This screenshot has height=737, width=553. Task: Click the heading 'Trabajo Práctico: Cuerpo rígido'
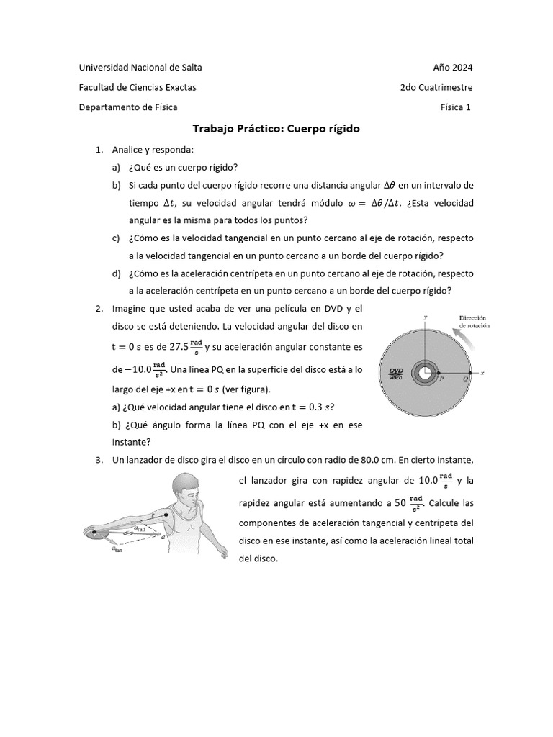pyautogui.click(x=276, y=129)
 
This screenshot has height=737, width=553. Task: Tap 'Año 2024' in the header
pyautogui.click(x=452, y=68)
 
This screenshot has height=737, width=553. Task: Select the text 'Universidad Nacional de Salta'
pyautogui.click(x=140, y=68)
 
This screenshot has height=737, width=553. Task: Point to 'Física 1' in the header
pyautogui.click(x=456, y=107)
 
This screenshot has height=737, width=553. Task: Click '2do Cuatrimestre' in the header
pyautogui.click(x=436, y=87)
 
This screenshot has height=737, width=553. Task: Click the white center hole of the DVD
pyautogui.click(x=425, y=373)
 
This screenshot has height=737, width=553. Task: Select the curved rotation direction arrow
pyautogui.click(x=468, y=342)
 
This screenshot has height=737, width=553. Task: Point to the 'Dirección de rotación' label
pyautogui.click(x=473, y=321)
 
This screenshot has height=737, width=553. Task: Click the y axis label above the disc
pyautogui.click(x=426, y=317)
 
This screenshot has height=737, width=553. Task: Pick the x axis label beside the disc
pyautogui.click(x=485, y=373)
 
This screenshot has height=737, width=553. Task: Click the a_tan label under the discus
pyautogui.click(x=117, y=550)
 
